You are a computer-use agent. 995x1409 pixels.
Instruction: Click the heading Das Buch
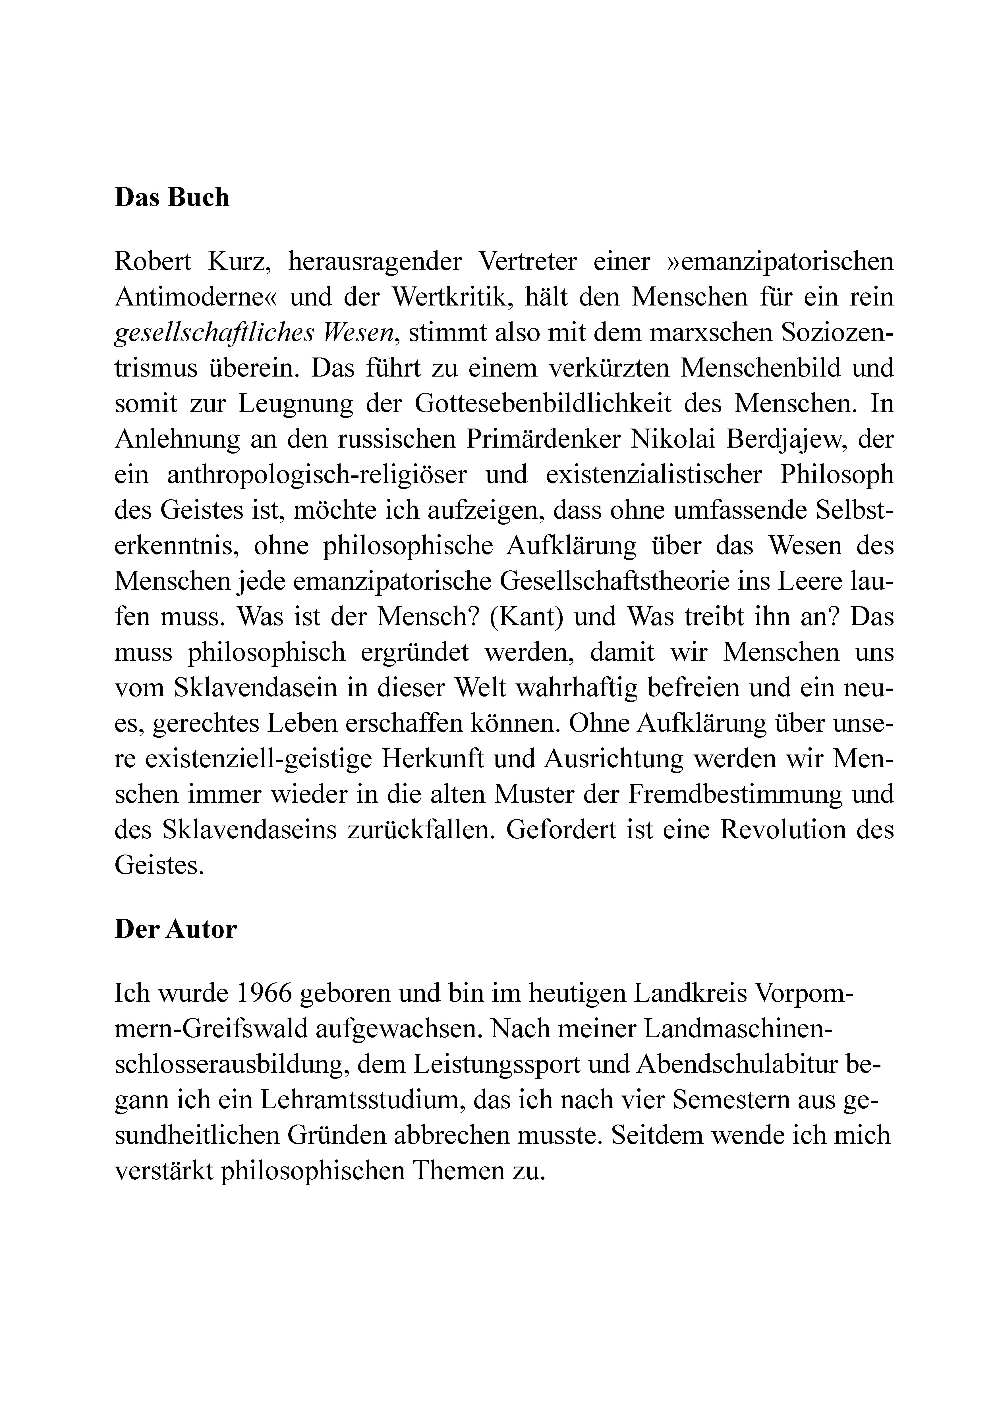[172, 198]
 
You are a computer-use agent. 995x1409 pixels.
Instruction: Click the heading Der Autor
[176, 930]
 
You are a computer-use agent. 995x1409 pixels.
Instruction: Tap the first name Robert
[154, 262]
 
